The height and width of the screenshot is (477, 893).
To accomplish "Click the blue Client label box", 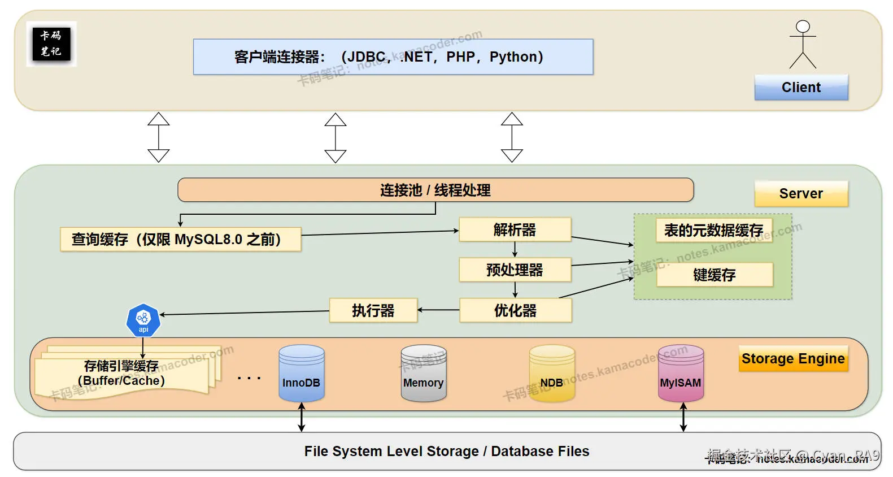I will pos(801,88).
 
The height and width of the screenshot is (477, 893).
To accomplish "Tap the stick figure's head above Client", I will pos(803,27).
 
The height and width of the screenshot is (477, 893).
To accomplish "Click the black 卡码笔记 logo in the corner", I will pos(51,44).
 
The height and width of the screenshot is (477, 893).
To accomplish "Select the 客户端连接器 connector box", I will pos(393,57).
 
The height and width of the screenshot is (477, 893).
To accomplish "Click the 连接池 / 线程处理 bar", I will pos(435,190).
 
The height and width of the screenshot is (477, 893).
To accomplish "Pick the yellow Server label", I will pos(801,193).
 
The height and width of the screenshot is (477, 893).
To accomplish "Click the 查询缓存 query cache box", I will pos(180,239).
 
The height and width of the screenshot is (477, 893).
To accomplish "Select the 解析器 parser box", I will pos(515,229).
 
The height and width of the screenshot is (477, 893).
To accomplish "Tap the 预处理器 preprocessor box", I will pos(515,270).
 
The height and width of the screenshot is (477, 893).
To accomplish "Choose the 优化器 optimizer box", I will pos(515,310).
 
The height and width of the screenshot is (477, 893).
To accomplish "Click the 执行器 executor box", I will pos(373,310).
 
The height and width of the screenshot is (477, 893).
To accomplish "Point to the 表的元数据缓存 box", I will pos(713,230).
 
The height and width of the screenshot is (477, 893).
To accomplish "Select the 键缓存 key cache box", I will pos(714,275).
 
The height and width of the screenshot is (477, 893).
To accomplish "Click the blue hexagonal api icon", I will pos(143,320).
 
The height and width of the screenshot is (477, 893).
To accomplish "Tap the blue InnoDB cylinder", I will pos(301,374).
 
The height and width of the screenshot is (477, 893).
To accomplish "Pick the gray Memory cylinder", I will pos(423,374).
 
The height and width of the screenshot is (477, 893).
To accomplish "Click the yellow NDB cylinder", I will pos(552,374).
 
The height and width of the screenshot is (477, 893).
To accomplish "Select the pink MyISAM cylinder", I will pos(681,374).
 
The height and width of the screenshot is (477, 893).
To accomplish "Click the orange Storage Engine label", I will pos(793,358).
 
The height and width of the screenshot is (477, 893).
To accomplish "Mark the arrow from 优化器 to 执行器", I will pos(438,310).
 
